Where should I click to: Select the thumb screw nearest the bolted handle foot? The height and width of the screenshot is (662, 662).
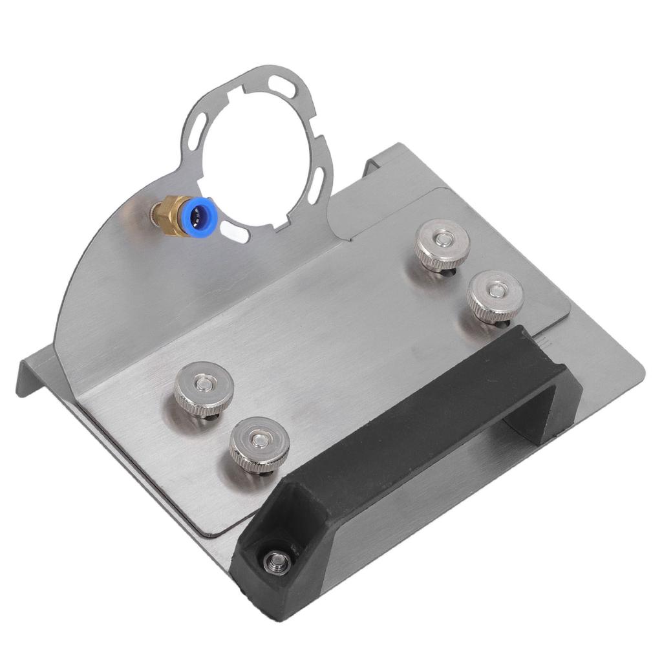coord(259,444)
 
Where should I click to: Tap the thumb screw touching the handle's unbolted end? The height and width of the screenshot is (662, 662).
coord(495,295)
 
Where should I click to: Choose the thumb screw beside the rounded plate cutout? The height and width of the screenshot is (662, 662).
coord(442,244)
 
